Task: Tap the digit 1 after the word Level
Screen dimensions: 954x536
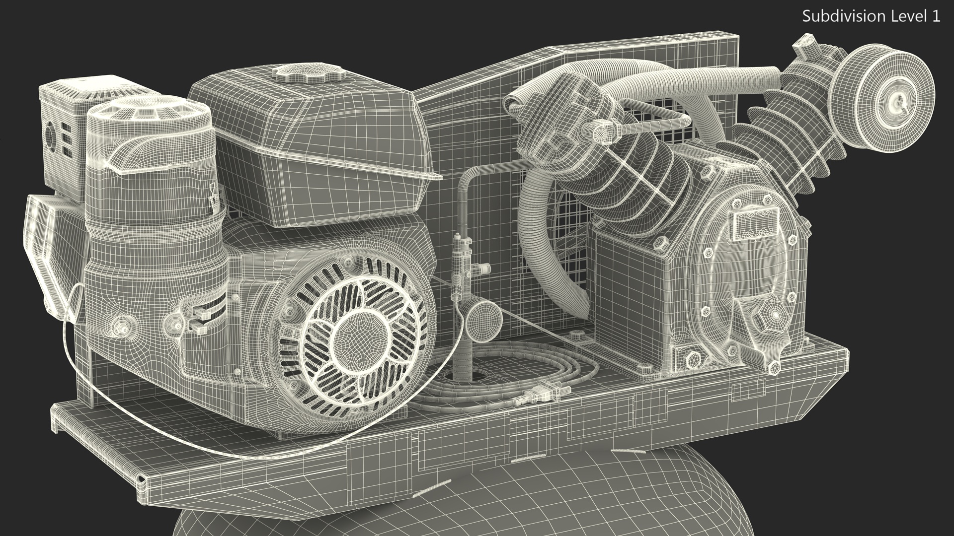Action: click(x=936, y=16)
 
